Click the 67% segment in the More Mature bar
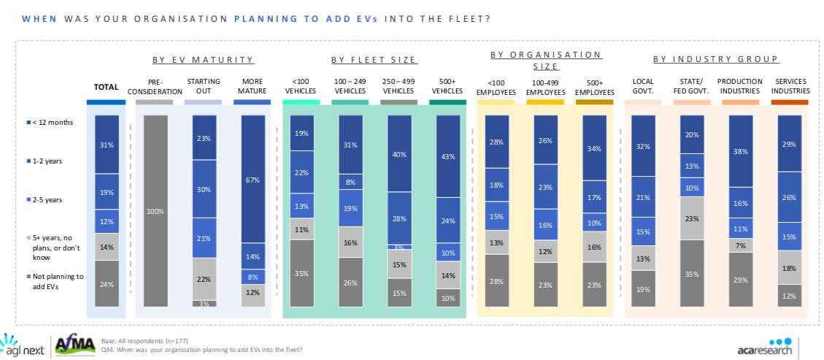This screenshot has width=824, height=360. [x=252, y=180]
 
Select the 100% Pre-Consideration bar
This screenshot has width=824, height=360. [x=154, y=210]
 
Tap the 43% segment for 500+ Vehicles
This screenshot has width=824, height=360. [x=447, y=156]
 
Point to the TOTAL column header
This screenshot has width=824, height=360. [x=106, y=87]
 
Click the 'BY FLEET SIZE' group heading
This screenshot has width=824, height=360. [x=373, y=60]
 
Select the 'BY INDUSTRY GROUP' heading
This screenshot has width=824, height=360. [x=715, y=59]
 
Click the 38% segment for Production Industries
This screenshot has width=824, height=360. [x=741, y=153]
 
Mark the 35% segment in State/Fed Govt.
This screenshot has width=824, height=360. [x=692, y=273]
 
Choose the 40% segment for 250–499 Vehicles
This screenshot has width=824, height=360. [x=398, y=154]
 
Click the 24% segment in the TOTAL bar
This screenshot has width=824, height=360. [x=106, y=283]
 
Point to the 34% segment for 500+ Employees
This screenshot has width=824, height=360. [x=594, y=148]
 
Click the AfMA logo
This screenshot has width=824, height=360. [x=77, y=345]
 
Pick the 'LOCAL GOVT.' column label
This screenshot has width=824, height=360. [x=643, y=86]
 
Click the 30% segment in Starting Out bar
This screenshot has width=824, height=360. [x=203, y=189]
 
